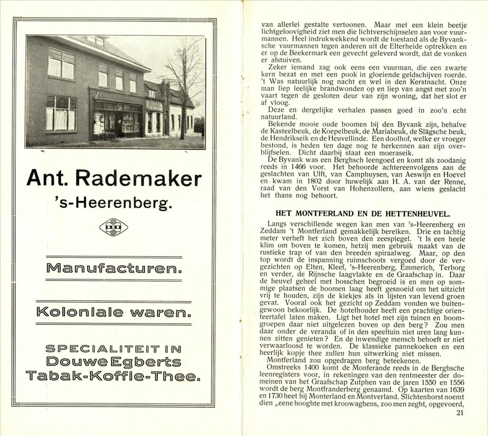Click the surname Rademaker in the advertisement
pos(139,178)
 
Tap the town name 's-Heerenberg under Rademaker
pos(114,204)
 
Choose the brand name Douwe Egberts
pos(113,362)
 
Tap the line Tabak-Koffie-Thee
pos(113,377)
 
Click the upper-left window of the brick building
pos(61,63)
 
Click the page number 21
pos(459,413)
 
